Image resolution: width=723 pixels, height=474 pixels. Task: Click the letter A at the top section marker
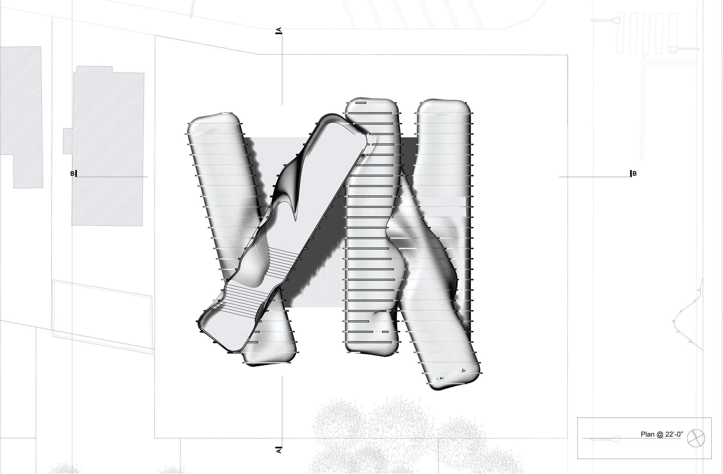pos(279,30)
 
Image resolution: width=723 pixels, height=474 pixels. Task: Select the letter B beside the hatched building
pos(72,174)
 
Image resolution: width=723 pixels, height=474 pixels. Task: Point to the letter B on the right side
pos(635,174)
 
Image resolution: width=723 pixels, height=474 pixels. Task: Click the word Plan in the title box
pos(647,434)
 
